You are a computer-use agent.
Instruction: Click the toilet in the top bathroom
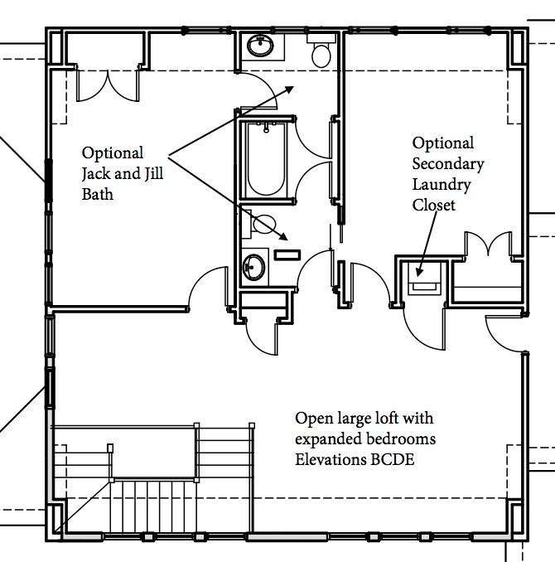pyautogui.click(x=321, y=51)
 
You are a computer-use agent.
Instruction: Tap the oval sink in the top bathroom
pyautogui.click(x=260, y=46)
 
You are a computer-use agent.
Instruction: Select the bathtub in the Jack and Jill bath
pyautogui.click(x=266, y=159)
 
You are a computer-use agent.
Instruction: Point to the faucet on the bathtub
pyautogui.click(x=266, y=127)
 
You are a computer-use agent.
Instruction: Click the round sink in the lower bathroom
pyautogui.click(x=254, y=267)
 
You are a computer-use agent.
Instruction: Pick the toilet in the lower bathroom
pyautogui.click(x=259, y=225)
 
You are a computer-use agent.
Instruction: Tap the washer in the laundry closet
pyautogui.click(x=425, y=279)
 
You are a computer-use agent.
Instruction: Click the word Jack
pyautogui.click(x=96, y=174)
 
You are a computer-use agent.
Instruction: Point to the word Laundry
pyautogui.click(x=442, y=185)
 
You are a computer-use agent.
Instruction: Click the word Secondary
pyautogui.click(x=448, y=164)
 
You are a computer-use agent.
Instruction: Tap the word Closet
pyautogui.click(x=433, y=205)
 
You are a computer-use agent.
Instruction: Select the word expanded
pyautogui.click(x=326, y=439)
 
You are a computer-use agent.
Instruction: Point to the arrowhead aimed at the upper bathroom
pyautogui.click(x=288, y=90)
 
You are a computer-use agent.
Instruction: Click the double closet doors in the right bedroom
pyautogui.click(x=489, y=244)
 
